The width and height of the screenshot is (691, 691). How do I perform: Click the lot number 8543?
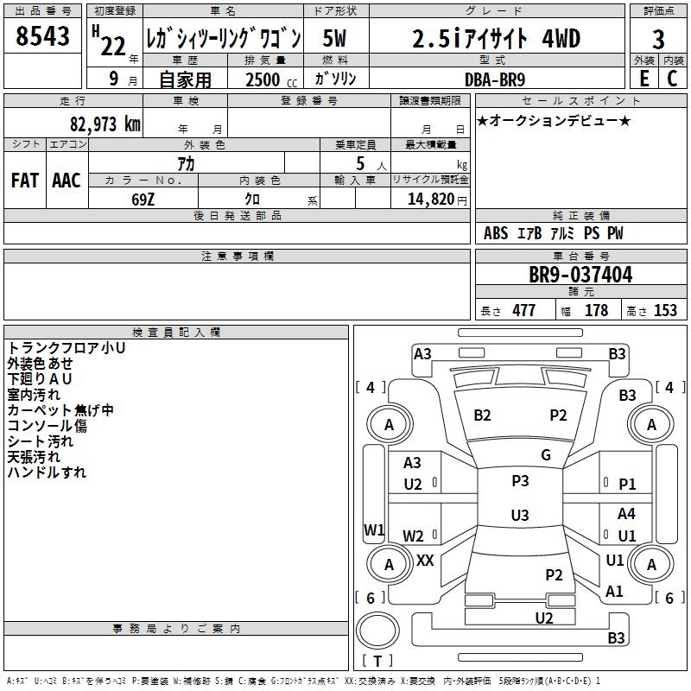coord(42,39)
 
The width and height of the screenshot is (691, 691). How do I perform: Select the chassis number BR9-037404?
coord(580,275)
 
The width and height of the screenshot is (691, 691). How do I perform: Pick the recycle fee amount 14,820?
coord(429,199)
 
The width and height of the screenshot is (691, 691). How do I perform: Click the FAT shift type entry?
coord(24,181)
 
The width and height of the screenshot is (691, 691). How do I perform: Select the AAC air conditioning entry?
coord(67,181)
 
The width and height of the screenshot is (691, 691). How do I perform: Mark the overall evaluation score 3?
coord(658,39)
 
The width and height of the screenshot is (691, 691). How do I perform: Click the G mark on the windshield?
coord(546,455)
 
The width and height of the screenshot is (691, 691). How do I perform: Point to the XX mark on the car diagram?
coord(425,561)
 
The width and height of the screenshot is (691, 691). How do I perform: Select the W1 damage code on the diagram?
coord(374,529)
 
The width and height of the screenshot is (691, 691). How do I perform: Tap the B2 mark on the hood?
coord(482,415)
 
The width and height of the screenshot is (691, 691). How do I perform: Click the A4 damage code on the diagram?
coord(626,514)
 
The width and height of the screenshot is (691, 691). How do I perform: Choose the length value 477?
coord(523,311)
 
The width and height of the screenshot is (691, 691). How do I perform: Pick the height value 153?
coord(665,311)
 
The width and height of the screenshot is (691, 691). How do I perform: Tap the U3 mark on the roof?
coord(520,516)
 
